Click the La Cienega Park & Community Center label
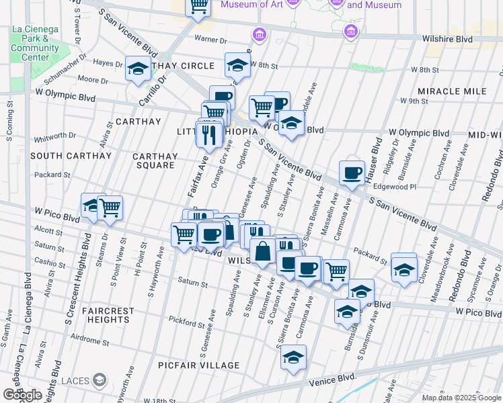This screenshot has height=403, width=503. pyautogui.click(x=35, y=43)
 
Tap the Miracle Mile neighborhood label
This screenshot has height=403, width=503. pyautogui.click(x=451, y=91)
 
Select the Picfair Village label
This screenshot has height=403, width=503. pyautogui.click(x=198, y=365)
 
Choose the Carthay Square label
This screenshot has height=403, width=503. pyautogui.click(x=157, y=161)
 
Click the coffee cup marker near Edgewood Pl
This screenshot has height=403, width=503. pyautogui.click(x=351, y=173)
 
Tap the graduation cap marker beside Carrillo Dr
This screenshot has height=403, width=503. pyautogui.click(x=138, y=69)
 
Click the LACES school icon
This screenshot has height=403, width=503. pyautogui.click(x=100, y=381)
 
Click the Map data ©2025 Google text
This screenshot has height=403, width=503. pyautogui.click(x=461, y=398)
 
